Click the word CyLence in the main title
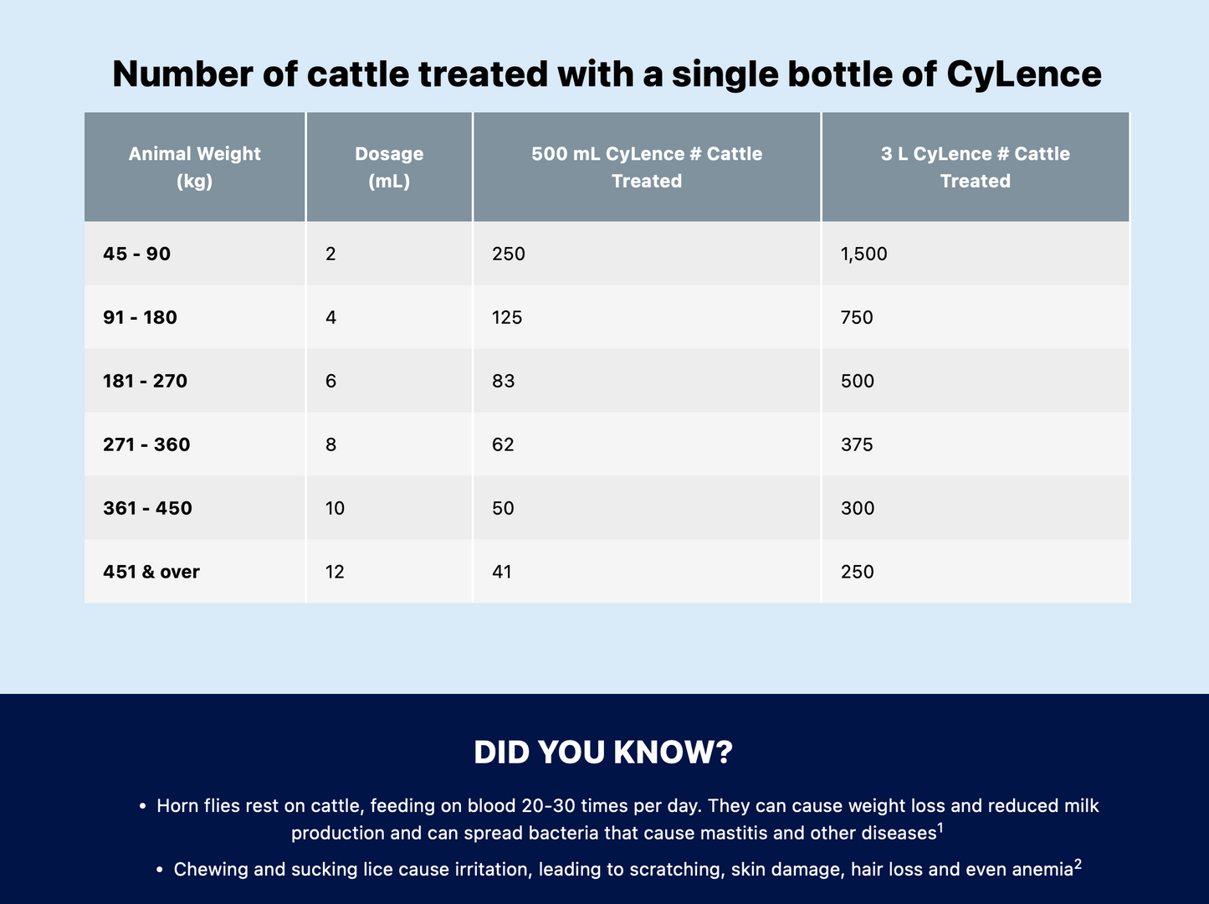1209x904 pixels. coord(1024,74)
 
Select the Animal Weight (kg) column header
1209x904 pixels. coord(194,167)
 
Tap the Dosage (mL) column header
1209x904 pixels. coord(389,167)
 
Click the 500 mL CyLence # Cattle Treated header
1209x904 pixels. coord(647,167)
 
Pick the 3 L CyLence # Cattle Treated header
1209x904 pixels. coord(975,167)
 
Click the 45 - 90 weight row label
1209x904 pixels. coord(136,254)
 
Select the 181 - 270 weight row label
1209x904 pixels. coord(145,381)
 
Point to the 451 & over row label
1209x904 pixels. coord(151,572)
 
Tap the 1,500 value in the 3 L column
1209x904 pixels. coord(863,254)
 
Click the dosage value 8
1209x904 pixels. coord(330,444)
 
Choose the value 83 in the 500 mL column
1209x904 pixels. coord(504,381)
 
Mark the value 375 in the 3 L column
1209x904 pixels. coord(857,444)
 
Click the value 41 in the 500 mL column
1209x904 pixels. coord(502,572)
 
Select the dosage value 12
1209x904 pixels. coord(335,572)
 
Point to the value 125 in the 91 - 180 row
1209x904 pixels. coord(507,317)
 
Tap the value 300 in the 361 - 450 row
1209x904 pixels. coord(858,508)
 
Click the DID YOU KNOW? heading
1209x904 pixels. coord(604,752)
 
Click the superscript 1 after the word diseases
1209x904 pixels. coord(940,829)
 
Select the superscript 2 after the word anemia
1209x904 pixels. coord(1078,865)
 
